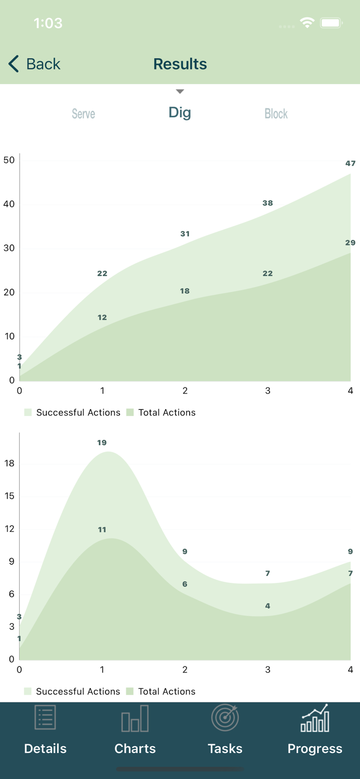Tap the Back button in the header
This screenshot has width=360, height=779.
point(34,64)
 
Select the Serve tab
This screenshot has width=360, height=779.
point(83,114)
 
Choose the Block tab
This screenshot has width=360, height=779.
point(276,114)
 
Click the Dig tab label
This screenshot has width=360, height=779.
point(180,113)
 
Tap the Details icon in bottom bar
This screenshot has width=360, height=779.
point(45,718)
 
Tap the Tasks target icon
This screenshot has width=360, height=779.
point(224,718)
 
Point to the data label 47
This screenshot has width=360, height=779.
point(351,163)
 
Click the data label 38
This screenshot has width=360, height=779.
point(268,203)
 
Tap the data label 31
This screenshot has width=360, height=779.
point(185,234)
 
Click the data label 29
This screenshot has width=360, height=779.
point(350,243)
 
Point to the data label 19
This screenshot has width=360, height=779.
point(102,442)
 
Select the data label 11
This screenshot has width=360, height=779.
point(102,530)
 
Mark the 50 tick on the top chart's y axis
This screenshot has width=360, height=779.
point(9,160)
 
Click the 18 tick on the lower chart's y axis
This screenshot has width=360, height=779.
point(9,463)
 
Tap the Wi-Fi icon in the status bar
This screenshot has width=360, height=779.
point(307,23)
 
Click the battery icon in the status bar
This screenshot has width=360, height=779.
point(331,23)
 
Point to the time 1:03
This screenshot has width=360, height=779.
point(48,23)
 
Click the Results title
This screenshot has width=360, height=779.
point(180,64)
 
